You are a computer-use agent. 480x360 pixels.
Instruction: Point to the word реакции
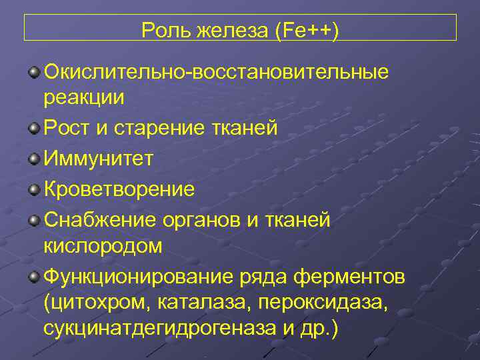84,97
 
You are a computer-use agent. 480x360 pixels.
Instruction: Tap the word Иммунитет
99,159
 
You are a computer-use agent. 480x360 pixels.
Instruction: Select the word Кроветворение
119,190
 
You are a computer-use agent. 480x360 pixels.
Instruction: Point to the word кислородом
103,246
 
